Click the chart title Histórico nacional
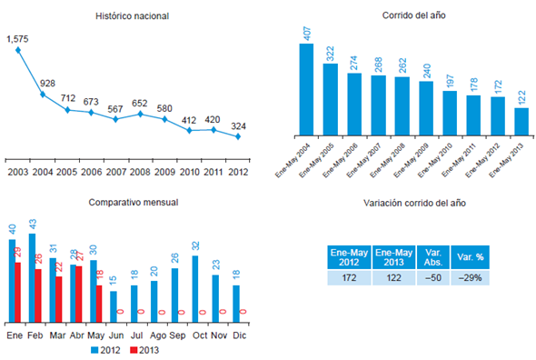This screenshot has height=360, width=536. pos(134,16)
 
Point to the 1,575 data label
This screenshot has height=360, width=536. pos(17,39)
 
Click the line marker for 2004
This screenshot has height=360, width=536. pos(43,94)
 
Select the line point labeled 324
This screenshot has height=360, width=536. pos(238,136)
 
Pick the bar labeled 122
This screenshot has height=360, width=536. pos(521,121)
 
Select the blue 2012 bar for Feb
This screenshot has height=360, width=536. pos(32,278)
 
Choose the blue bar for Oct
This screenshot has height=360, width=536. pos(194,289)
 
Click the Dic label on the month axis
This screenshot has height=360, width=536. pos(238,335)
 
